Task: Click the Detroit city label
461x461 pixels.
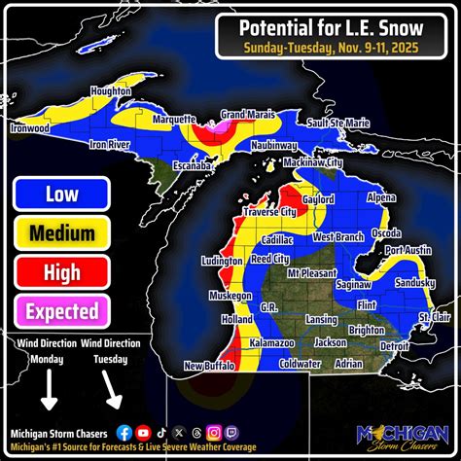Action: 395,345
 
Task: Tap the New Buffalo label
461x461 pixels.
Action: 206,365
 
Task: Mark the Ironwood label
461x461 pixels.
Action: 29,126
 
